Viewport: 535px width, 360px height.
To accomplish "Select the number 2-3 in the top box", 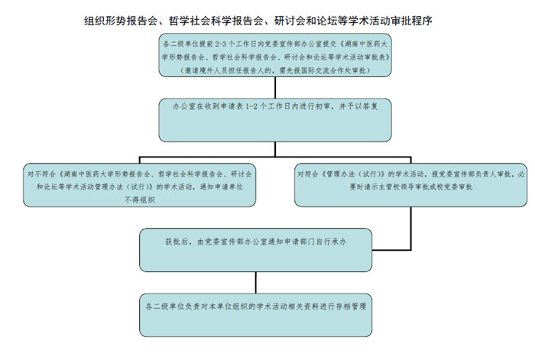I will [x=221, y=45].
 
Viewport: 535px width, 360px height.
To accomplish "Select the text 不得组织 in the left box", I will [x=139, y=199].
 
